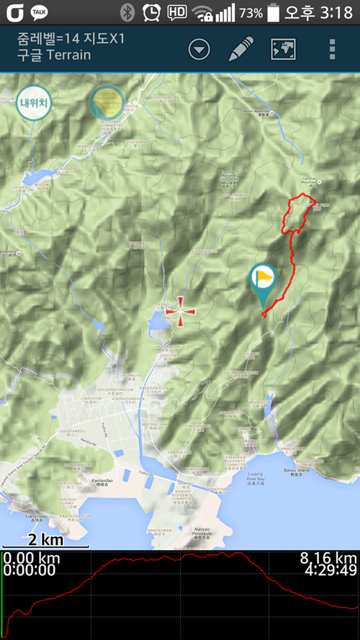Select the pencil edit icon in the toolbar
pos(241,49)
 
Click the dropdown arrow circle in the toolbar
pos(199,49)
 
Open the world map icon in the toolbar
pos(284,49)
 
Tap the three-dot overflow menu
pos(332,49)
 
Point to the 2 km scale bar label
pos(45,540)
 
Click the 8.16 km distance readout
pos(328,559)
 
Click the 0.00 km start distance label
pos(31,559)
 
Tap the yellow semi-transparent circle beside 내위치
pos(107,102)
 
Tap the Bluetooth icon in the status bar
pos(128,12)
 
